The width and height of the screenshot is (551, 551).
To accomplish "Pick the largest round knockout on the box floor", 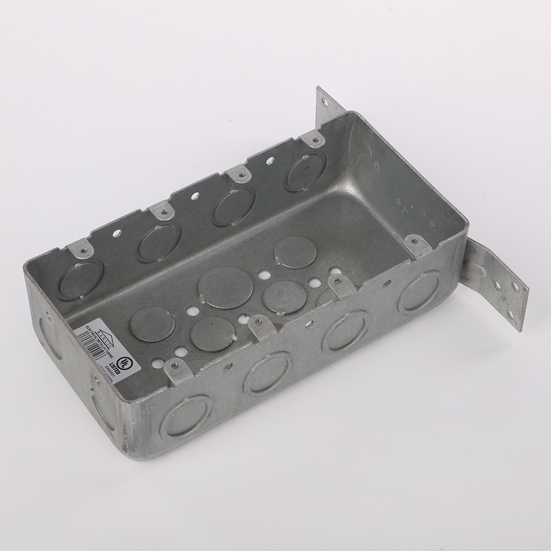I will point(225,287).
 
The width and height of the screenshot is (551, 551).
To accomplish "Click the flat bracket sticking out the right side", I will point(496,283).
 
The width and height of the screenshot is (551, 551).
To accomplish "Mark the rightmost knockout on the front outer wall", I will point(419,291).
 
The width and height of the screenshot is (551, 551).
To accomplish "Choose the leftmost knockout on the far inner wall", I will point(80,280).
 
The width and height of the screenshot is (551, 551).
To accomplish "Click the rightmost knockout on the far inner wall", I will point(305,172).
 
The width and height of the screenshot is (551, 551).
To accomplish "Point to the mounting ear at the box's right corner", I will point(417,244).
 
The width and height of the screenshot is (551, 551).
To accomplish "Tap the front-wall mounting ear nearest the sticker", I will point(179,370).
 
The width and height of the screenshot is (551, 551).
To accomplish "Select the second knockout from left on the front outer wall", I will point(268,372).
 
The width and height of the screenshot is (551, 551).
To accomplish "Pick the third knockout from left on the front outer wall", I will point(345,331).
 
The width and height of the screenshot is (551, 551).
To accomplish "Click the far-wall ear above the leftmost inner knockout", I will point(81,249).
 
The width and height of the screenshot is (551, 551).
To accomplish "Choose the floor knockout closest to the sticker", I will point(152,323).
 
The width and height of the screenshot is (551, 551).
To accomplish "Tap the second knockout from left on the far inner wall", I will point(159,242).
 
